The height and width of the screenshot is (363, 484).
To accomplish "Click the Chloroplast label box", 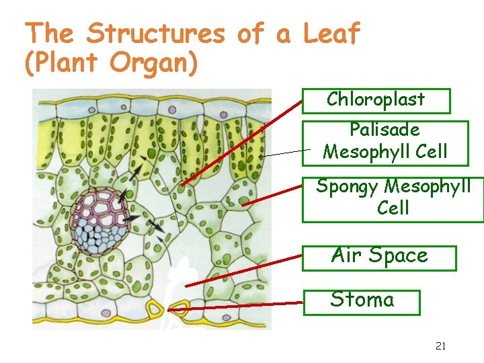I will (x=376, y=100).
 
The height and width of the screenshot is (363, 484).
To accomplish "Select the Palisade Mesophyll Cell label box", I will (x=385, y=142).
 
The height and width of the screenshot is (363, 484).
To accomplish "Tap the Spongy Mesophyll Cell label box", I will (x=393, y=198).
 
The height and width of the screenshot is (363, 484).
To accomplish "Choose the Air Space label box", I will (x=379, y=257).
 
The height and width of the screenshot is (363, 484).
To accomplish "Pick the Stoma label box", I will (x=362, y=302).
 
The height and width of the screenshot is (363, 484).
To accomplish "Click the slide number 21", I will (x=441, y=346).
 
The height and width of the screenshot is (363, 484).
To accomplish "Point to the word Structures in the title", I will (x=156, y=33).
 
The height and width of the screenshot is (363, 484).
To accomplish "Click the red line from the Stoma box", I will (x=242, y=306).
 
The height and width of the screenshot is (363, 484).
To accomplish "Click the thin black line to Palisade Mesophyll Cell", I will (x=286, y=153).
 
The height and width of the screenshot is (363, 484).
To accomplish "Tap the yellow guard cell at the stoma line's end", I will (x=178, y=309).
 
